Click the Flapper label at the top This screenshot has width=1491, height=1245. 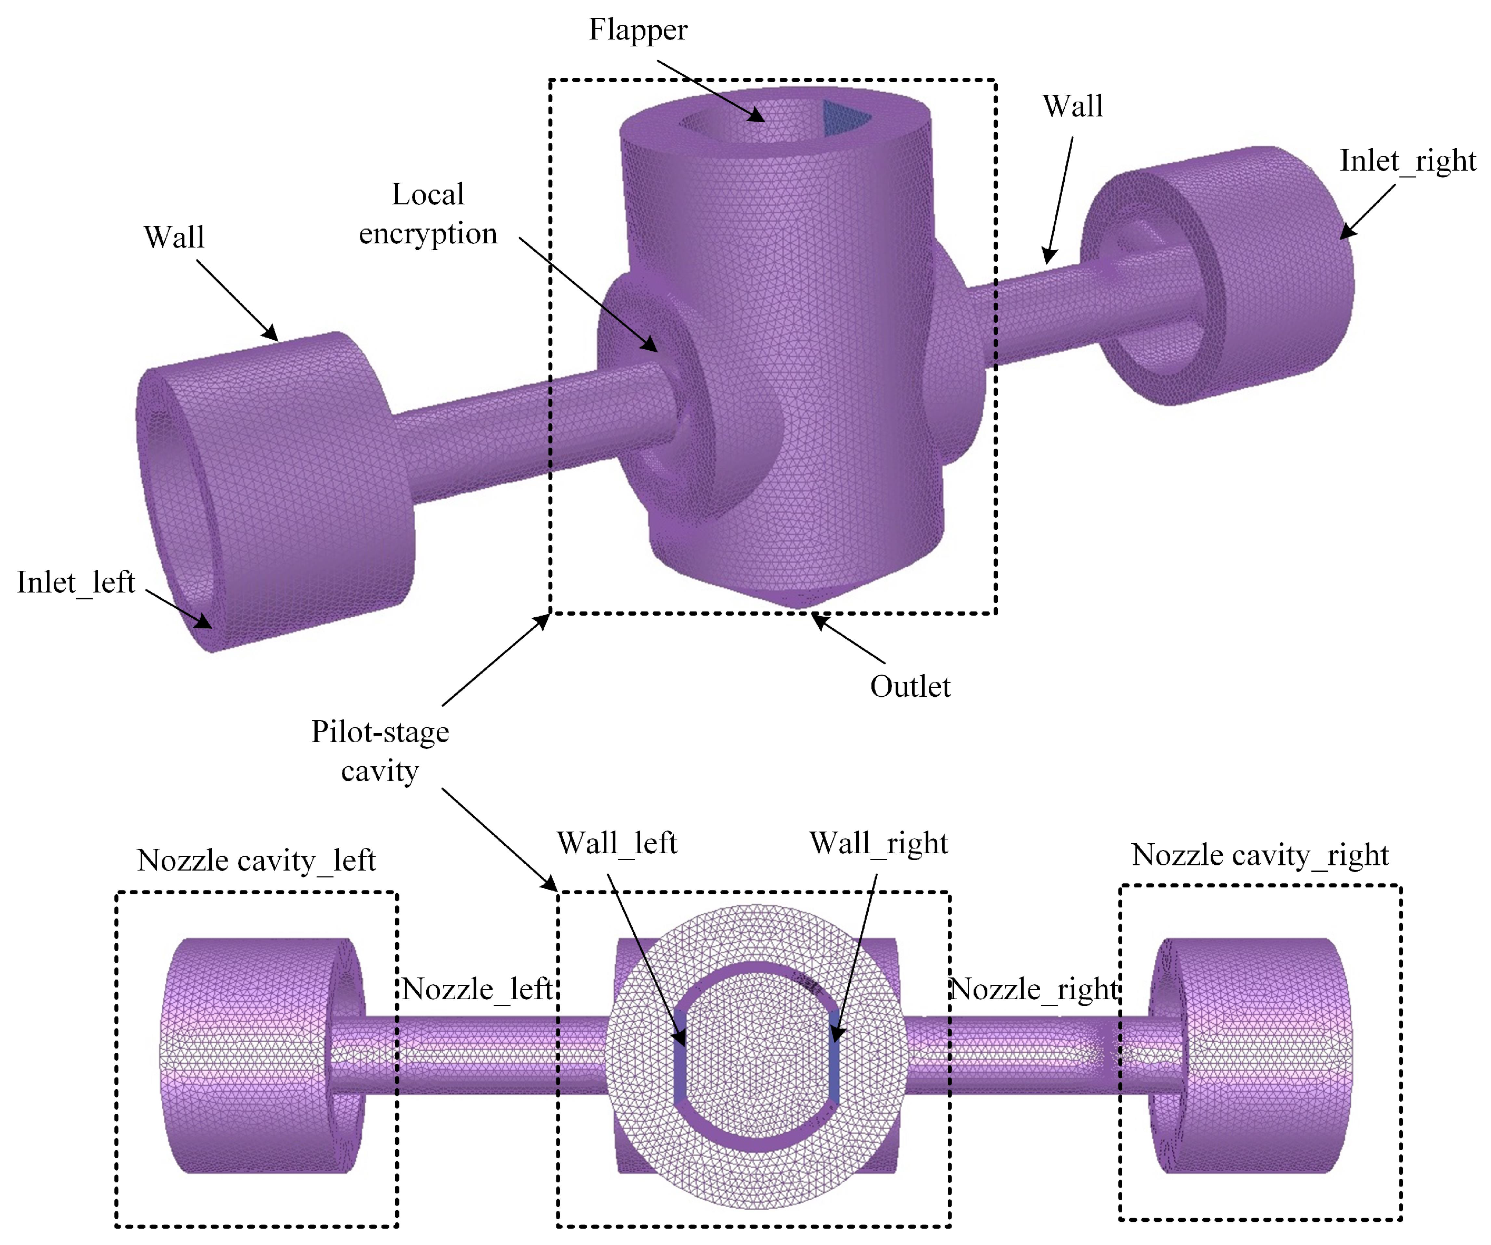(637, 31)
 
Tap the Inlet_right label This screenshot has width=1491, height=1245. (1407, 161)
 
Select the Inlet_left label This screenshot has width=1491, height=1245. (76, 583)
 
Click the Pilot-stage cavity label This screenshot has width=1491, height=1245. (380, 751)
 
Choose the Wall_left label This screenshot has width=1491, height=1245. (616, 843)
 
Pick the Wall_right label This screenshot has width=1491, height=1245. (878, 843)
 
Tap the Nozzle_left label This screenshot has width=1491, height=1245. (477, 989)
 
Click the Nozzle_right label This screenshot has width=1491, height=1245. (1034, 989)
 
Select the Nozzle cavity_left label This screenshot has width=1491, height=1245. (256, 861)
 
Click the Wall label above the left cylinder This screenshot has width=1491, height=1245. (174, 237)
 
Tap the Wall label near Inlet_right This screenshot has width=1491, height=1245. (1072, 106)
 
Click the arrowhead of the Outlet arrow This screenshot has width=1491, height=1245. (818, 620)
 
